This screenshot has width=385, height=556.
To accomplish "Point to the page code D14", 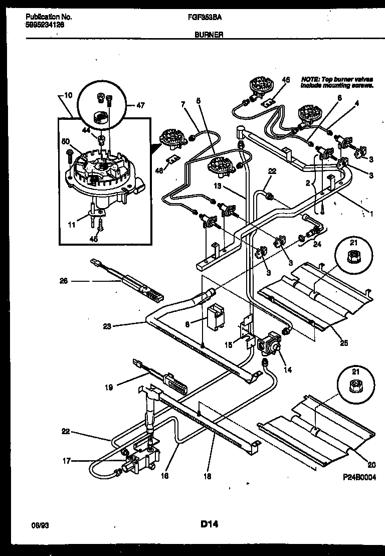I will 210,524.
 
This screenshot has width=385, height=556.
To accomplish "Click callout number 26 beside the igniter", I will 64,281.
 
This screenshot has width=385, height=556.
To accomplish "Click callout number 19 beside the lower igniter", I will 108,387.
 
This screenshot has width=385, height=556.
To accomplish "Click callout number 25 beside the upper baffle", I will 343,343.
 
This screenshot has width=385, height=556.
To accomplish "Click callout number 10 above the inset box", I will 68,95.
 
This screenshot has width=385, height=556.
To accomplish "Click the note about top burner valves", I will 336,82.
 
